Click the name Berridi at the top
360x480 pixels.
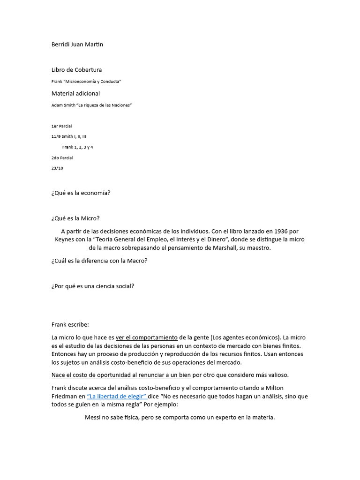pyautogui.click(x=61, y=45)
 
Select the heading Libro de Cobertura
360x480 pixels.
pyautogui.click(x=76, y=70)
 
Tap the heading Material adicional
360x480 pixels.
pyautogui.click(x=75, y=93)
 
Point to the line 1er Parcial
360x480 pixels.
pyautogui.click(x=61, y=126)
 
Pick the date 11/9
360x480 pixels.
pyautogui.click(x=56, y=136)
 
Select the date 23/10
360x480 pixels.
pyautogui.click(x=57, y=168)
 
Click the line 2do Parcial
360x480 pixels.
pyautogui.click(x=62, y=158)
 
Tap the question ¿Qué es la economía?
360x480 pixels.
pyautogui.click(x=81, y=193)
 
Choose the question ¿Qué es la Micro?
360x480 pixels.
pyautogui.click(x=75, y=218)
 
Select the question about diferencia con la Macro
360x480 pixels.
pyautogui.click(x=99, y=261)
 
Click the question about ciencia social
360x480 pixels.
pyautogui.click(x=93, y=286)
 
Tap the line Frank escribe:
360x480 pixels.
pyautogui.click(x=70, y=324)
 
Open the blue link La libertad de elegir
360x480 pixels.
pyautogui.click(x=117, y=396)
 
